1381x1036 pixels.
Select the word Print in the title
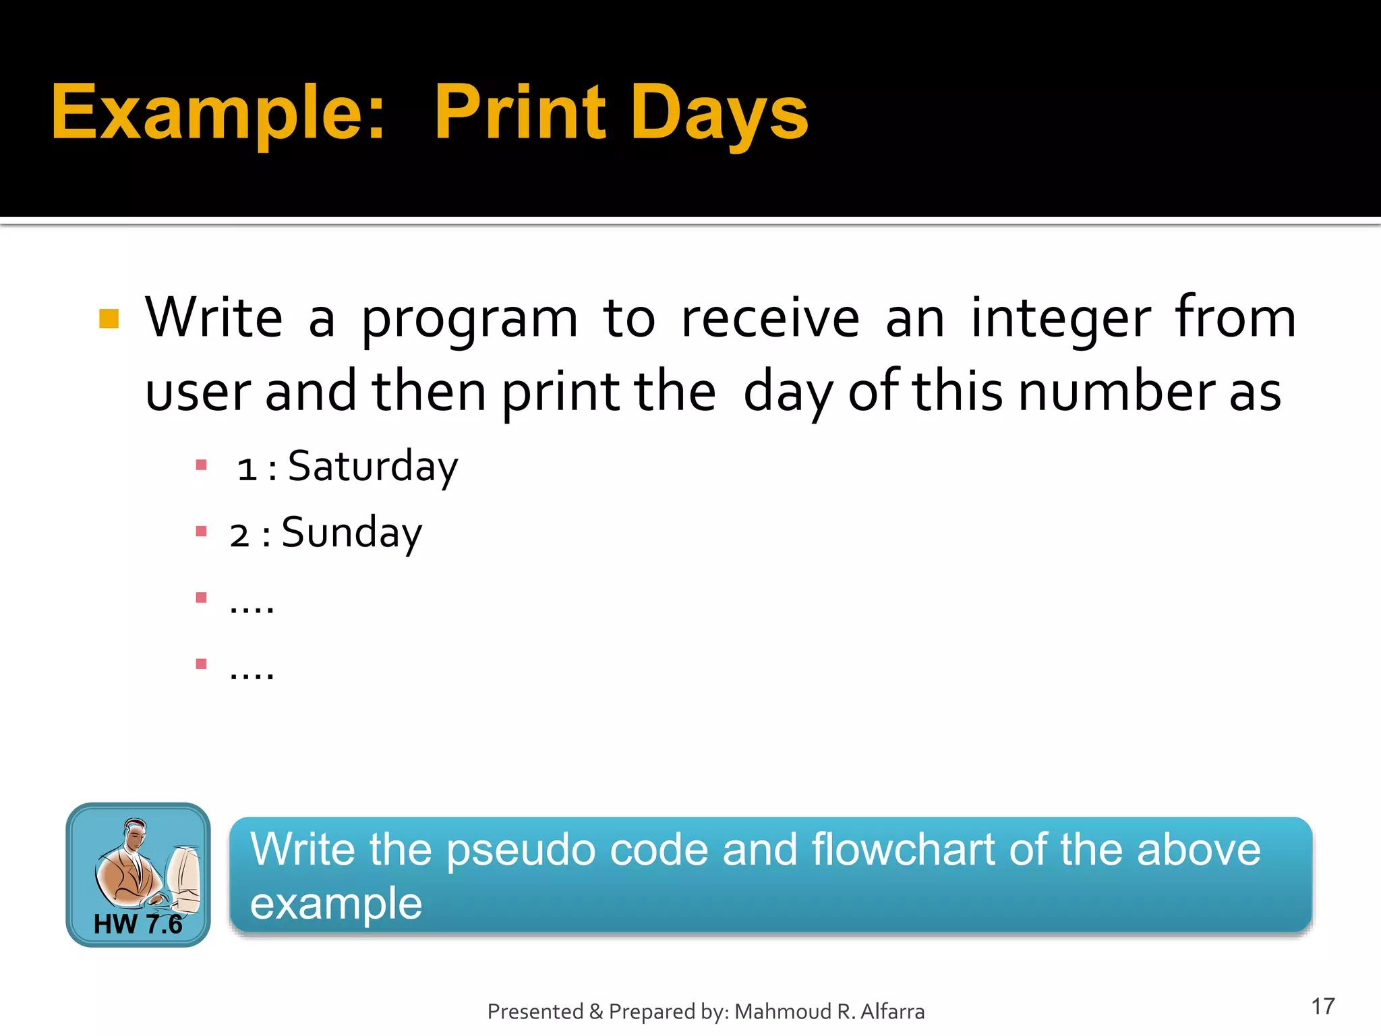click(x=520, y=112)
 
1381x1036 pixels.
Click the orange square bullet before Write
click(x=109, y=318)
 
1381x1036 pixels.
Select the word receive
click(x=770, y=318)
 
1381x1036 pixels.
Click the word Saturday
click(x=372, y=467)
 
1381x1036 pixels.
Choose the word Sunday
click(x=351, y=533)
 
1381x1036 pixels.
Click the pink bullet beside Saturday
click(x=201, y=465)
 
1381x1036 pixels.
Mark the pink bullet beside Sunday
click(x=201, y=531)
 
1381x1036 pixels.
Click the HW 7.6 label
click(x=138, y=924)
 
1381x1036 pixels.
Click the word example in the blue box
click(x=336, y=904)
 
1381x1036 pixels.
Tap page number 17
click(x=1322, y=1006)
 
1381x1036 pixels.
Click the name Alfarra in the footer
click(x=892, y=1012)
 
